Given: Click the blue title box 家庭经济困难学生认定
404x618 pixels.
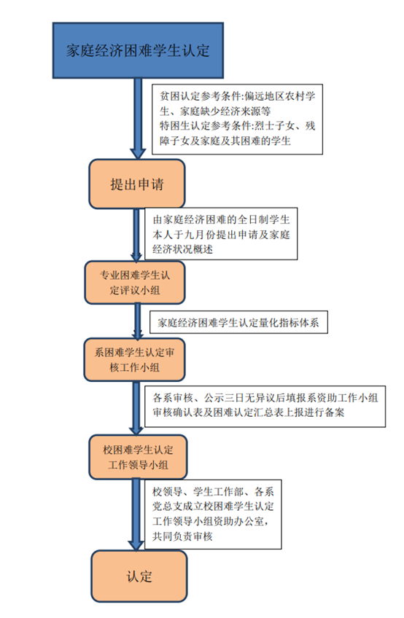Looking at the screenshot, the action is [x=138, y=50].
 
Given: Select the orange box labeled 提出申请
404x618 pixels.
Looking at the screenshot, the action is [x=137, y=184].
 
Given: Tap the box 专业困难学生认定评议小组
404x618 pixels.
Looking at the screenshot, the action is [x=135, y=283].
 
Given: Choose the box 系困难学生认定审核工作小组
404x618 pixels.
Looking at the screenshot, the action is [x=134, y=359].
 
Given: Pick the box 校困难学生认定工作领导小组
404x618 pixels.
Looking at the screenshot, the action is [x=138, y=457].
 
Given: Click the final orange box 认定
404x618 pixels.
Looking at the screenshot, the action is [x=139, y=576].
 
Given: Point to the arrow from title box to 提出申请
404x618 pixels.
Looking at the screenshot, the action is [x=138, y=118].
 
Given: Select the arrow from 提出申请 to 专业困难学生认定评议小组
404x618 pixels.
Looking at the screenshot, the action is [x=136, y=235].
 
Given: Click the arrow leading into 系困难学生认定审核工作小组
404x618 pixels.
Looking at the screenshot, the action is [x=138, y=321].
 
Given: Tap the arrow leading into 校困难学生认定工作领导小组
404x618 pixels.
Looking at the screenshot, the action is [x=136, y=408].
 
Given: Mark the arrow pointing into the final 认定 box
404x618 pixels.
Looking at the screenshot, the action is [x=136, y=515].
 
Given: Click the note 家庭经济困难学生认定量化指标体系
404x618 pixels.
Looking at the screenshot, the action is [x=238, y=322].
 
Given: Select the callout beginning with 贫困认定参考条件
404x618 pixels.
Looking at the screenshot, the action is [x=238, y=119].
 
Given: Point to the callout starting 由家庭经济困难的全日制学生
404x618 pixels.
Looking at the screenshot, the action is [x=222, y=234].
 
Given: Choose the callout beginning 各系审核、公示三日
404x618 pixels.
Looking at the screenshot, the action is [x=265, y=407].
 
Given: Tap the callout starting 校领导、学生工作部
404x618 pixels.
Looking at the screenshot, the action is [x=213, y=515].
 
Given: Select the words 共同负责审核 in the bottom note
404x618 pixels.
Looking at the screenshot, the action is [x=182, y=536].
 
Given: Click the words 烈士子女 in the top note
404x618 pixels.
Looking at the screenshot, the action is [x=274, y=126].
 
